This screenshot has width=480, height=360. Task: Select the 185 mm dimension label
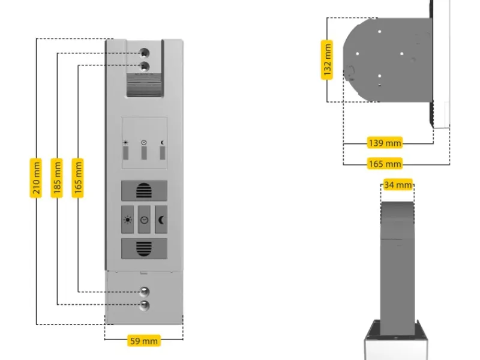point(56,178)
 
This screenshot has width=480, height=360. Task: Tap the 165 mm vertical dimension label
point(77,178)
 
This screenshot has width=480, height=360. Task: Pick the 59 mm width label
point(144,341)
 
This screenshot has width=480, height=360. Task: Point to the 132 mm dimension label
point(327,59)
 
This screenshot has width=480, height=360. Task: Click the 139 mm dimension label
point(385,143)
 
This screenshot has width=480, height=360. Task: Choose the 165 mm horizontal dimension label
point(385,163)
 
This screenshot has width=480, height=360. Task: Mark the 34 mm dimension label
point(397,185)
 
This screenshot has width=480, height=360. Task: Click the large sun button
point(128,219)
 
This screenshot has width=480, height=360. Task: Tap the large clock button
point(145,219)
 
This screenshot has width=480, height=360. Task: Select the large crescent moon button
point(161,219)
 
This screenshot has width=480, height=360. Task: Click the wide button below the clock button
point(145,248)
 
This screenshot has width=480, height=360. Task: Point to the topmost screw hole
point(145,52)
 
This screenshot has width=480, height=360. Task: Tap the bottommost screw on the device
point(145,305)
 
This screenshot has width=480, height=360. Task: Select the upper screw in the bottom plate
point(145,292)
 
